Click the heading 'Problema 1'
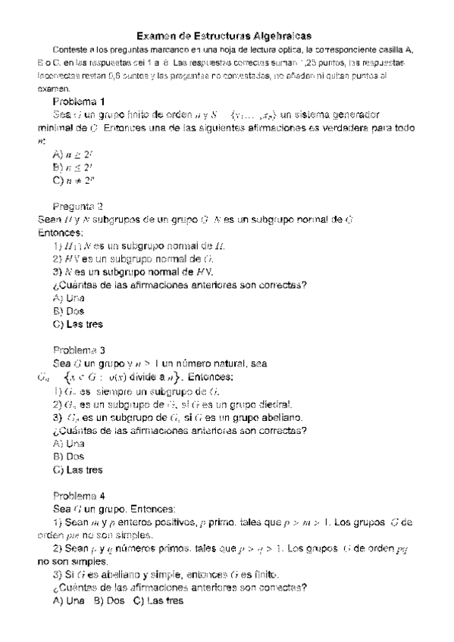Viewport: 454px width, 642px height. (x=79, y=101)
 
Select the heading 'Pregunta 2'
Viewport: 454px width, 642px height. (x=79, y=206)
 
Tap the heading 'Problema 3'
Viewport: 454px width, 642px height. (x=79, y=351)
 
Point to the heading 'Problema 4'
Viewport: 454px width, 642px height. (x=79, y=495)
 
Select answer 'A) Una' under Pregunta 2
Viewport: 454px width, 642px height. (x=69, y=298)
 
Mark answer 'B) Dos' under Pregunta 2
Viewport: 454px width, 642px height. (x=69, y=311)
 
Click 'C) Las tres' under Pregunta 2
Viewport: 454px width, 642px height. (x=78, y=325)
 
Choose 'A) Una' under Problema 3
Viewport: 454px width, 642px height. (x=69, y=443)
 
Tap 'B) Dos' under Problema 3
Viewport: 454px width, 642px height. (x=69, y=457)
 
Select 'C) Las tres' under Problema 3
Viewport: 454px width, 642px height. (x=78, y=470)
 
